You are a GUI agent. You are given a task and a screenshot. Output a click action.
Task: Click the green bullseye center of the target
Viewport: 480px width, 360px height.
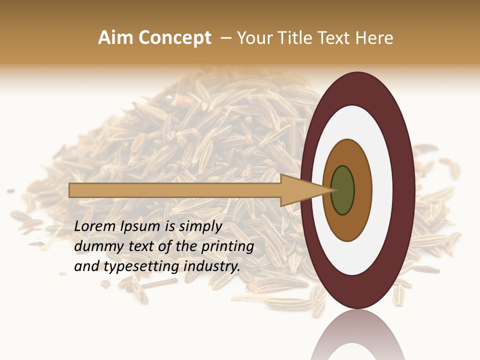click(x=342, y=190)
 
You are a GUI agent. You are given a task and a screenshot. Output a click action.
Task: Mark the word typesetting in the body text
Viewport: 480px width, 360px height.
click(x=140, y=267)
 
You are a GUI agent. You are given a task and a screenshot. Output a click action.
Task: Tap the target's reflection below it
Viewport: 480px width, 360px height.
click(x=357, y=337)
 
